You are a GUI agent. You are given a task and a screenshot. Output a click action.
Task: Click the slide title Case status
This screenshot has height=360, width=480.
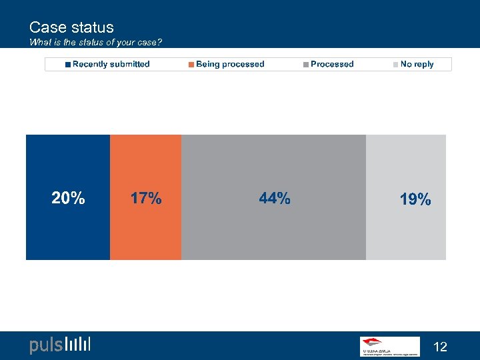(x=71, y=27)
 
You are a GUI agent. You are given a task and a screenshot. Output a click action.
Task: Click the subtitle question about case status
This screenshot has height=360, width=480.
(x=95, y=43)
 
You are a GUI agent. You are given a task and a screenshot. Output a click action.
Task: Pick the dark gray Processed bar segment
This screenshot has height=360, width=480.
(x=273, y=233)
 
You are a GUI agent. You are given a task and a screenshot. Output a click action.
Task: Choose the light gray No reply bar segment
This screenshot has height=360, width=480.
(x=406, y=233)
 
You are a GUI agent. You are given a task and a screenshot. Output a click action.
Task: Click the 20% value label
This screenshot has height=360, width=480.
(x=68, y=198)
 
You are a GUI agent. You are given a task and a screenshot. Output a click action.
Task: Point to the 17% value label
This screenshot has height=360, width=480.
(x=145, y=198)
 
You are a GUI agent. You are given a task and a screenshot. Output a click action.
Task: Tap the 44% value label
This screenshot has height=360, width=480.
(x=274, y=198)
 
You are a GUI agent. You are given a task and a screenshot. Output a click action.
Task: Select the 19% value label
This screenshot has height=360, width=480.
(x=415, y=199)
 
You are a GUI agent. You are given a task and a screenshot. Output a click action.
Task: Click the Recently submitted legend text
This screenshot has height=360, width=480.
(x=111, y=64)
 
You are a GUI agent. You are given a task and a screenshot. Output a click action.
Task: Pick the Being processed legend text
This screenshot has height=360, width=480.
(x=230, y=64)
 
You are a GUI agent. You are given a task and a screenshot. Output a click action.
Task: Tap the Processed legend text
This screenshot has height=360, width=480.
(x=332, y=64)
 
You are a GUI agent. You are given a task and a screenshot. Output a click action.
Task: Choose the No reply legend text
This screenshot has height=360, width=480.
(x=417, y=64)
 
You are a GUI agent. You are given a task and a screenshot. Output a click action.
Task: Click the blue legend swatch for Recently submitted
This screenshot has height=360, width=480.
(x=68, y=65)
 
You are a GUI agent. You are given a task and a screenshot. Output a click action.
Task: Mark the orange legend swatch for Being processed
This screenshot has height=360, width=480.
(x=191, y=65)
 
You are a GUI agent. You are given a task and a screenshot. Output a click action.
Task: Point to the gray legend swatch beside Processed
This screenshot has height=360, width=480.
(x=306, y=65)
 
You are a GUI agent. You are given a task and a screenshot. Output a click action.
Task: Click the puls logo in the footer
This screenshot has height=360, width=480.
(x=59, y=345)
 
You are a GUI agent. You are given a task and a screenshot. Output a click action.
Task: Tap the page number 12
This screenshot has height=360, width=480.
(x=440, y=347)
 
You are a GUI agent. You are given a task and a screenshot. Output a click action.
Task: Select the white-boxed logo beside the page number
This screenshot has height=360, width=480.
(x=389, y=346)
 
